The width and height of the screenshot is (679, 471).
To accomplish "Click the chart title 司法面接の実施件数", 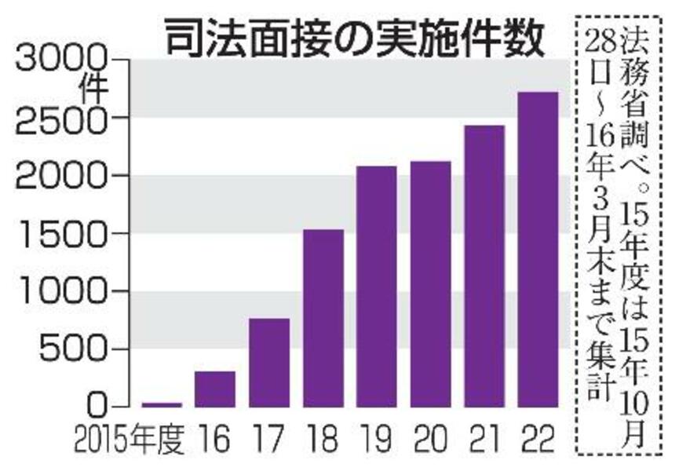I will (x=353, y=37).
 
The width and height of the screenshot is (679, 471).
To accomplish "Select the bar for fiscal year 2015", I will (x=162, y=404).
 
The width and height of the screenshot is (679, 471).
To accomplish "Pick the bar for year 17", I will (x=269, y=363).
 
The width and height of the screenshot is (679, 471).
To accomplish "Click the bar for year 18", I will (x=323, y=318).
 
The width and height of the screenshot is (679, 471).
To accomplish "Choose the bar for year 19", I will (x=377, y=287).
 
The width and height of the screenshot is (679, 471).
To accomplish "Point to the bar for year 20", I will (x=430, y=284).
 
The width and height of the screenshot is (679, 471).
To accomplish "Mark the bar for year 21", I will (x=484, y=266).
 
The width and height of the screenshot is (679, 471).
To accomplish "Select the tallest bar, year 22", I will (x=538, y=250).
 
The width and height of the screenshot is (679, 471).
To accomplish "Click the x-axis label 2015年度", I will (x=130, y=440).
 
